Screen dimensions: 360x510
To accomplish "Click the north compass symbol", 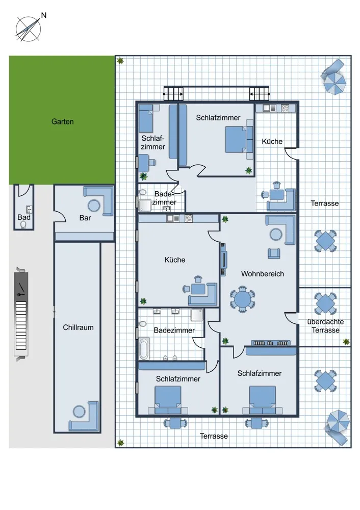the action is point(29,29).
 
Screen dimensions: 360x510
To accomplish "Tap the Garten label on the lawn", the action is point(62,122).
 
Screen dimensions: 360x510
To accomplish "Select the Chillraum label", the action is point(78,327).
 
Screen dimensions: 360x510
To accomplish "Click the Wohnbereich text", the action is point(263,274).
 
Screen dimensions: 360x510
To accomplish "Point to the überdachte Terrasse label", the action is point(325,326).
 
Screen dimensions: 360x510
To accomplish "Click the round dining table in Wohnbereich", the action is point(242,299).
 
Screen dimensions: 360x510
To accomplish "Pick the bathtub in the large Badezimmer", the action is point(144,348).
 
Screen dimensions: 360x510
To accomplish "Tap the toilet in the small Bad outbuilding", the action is point(23,224).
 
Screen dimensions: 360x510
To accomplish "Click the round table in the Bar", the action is point(94,206).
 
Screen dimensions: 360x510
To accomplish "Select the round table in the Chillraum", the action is point(79,412).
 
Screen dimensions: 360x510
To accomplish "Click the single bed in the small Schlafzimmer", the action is point(146,121).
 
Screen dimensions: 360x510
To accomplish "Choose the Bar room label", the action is point(85,218).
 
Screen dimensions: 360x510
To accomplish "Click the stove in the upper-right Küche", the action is point(285,108).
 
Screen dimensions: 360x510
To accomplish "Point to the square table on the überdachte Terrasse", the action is point(325,303).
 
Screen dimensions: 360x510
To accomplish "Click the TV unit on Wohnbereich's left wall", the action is point(223,260).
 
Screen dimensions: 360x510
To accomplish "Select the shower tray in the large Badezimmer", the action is point(197,315).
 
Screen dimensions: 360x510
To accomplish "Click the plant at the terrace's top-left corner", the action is point(120,61).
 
